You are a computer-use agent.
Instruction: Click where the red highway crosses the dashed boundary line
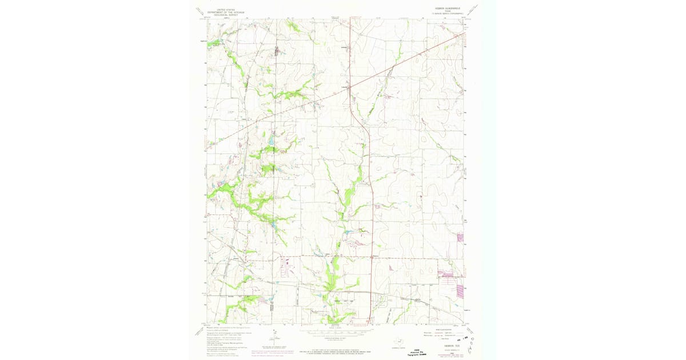click(x=372, y=257)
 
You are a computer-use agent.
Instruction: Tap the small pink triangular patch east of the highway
click(x=392, y=267)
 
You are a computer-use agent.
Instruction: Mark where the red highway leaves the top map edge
click(x=350, y=18)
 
